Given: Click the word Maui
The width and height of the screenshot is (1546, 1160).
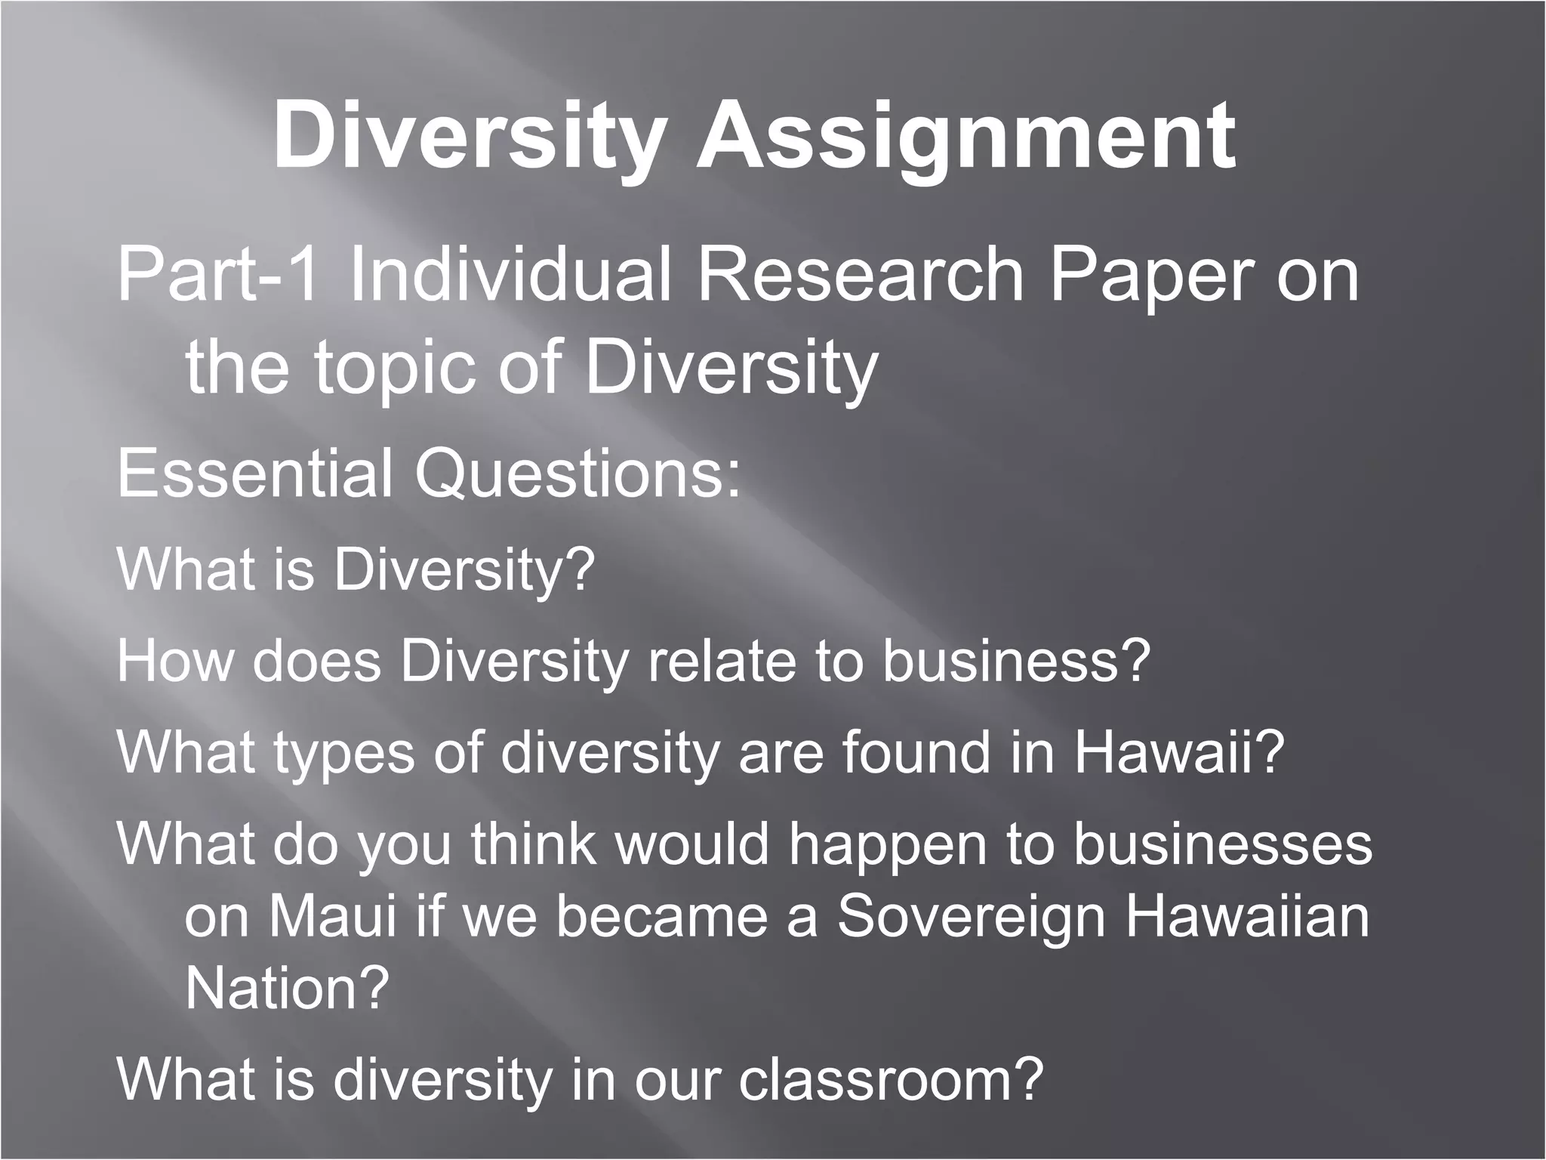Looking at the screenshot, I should pos(332,916).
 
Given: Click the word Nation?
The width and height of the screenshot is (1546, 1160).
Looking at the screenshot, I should pos(287,988).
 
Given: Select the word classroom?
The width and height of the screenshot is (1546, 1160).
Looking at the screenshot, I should pos(891,1079).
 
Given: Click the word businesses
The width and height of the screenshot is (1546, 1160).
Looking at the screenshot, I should pos(1222,844).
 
